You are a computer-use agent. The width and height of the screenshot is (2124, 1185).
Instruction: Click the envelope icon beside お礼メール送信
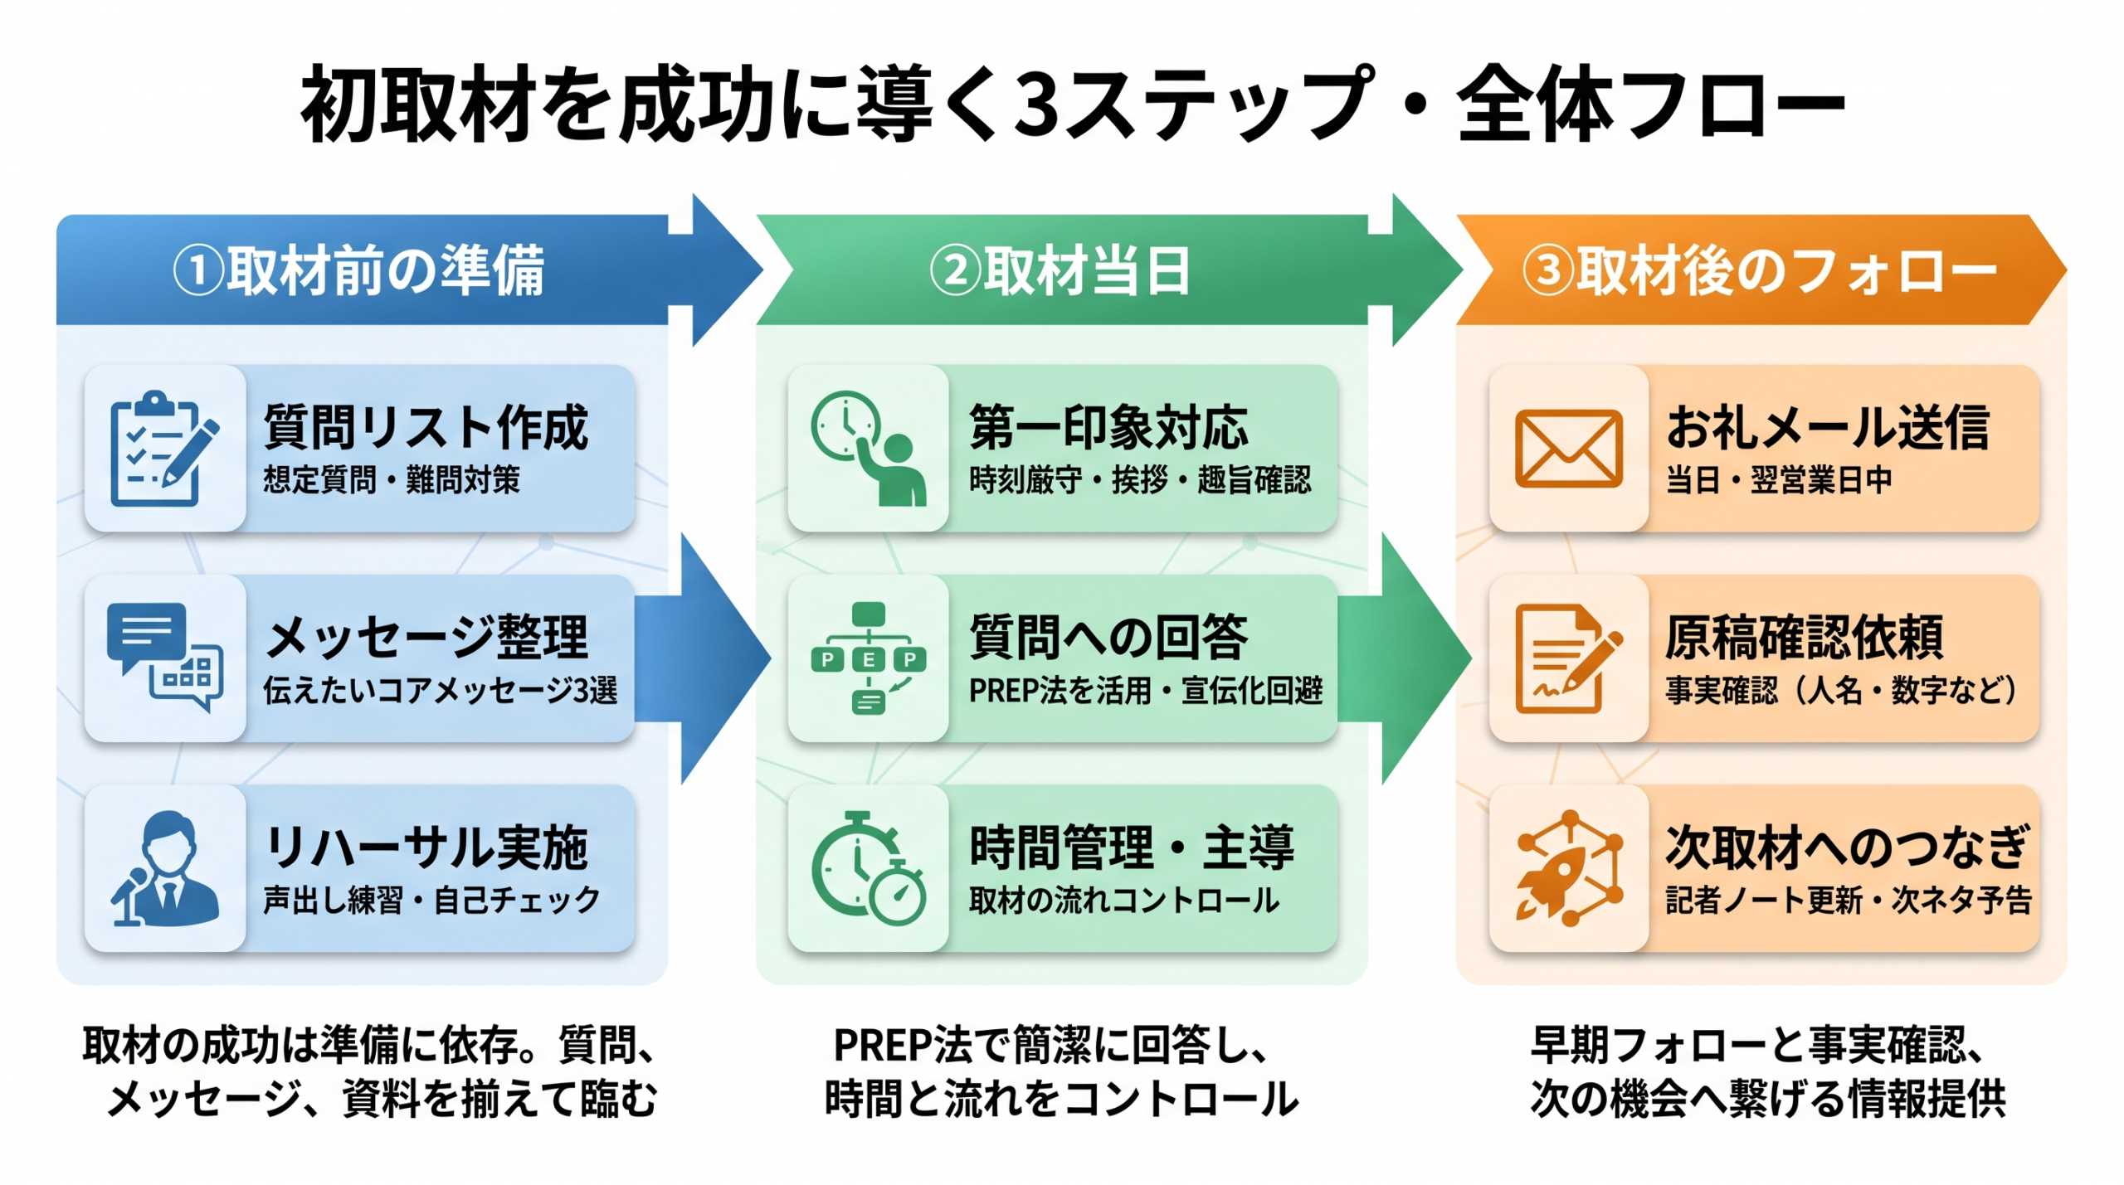tap(1567, 448)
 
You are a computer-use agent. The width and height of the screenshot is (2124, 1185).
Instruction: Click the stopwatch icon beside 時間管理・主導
tap(868, 868)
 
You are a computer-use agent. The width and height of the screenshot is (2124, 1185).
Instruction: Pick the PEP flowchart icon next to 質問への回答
tap(868, 658)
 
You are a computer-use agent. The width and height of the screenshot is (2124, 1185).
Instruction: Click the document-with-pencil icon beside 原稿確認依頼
tap(1567, 658)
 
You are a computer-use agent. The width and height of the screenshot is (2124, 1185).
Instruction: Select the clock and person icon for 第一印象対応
tap(868, 448)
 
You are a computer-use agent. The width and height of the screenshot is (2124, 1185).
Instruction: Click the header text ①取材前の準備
tap(358, 270)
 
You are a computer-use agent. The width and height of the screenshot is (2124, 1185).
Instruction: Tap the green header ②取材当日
tap(1060, 270)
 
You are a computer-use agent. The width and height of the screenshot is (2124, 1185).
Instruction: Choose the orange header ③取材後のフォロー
tap(1759, 270)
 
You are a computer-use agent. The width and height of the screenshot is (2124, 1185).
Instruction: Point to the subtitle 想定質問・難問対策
tap(392, 480)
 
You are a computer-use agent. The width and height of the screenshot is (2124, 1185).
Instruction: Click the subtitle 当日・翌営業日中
tap(1779, 480)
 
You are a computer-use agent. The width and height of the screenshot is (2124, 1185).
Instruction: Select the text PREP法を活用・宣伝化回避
tap(1145, 691)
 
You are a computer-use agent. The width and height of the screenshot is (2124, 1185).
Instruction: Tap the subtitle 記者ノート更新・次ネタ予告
tap(1849, 901)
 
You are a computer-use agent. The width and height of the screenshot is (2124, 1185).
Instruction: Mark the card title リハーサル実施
tap(426, 847)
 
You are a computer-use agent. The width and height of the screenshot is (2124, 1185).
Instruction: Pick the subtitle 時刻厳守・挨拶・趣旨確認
tap(1140, 480)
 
